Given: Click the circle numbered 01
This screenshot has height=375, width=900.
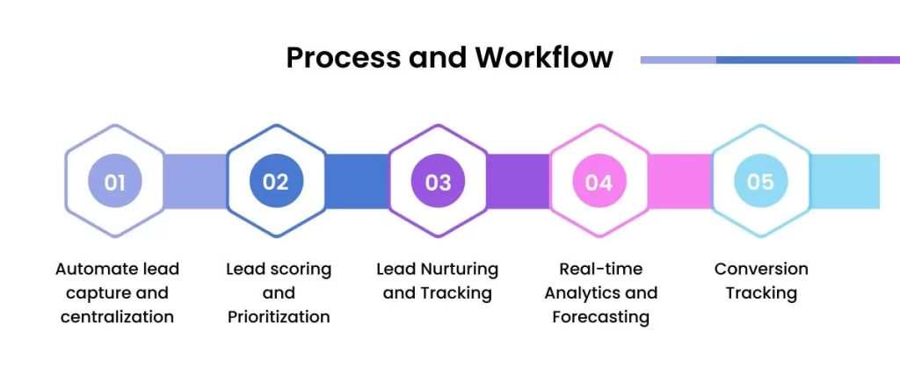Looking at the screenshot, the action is click(115, 181).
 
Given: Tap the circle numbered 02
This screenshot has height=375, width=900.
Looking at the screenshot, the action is click(276, 181).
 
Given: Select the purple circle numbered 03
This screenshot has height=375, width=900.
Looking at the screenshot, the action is click(438, 181).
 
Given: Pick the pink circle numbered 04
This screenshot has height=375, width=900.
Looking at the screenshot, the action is click(599, 181).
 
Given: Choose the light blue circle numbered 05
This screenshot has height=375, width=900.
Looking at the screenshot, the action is click(761, 181).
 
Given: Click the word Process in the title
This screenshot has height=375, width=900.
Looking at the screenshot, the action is click(343, 57).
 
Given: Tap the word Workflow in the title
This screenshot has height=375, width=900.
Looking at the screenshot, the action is click(544, 57).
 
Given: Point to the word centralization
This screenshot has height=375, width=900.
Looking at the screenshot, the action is click(117, 316).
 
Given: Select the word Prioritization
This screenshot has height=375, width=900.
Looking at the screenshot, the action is click(279, 316).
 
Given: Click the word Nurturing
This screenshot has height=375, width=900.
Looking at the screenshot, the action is click(460, 269).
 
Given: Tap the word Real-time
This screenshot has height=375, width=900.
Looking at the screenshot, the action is click(601, 269).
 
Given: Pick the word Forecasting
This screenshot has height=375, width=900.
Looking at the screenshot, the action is click(601, 317).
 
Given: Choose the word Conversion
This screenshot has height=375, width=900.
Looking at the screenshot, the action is click(761, 269).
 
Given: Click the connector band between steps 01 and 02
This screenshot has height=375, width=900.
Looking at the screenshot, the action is click(196, 181).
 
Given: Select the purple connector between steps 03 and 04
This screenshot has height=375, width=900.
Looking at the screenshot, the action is click(519, 181).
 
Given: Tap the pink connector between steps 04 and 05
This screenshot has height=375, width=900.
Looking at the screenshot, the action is click(680, 181).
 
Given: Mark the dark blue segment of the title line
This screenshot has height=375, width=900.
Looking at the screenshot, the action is click(787, 60).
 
